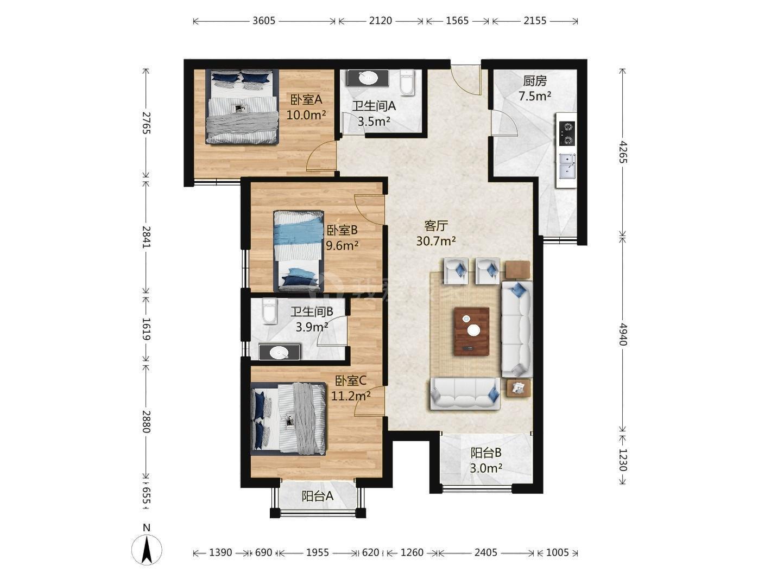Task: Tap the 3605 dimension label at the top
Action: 264,21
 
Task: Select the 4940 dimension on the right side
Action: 622,334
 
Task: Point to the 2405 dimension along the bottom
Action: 486,553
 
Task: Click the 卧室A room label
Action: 306,100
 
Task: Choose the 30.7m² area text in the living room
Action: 436,241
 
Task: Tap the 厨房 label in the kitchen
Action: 535,81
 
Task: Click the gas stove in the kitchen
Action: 566,133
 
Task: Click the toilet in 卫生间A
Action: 407,82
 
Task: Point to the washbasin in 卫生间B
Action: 279,352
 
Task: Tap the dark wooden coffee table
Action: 471,331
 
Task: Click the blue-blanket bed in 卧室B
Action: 299,251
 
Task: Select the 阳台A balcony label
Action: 317,496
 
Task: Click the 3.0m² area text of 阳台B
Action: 486,468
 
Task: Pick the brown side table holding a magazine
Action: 518,388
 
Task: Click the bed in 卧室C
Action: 288,419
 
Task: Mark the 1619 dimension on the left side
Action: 146,329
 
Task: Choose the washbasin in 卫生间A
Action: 368,78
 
